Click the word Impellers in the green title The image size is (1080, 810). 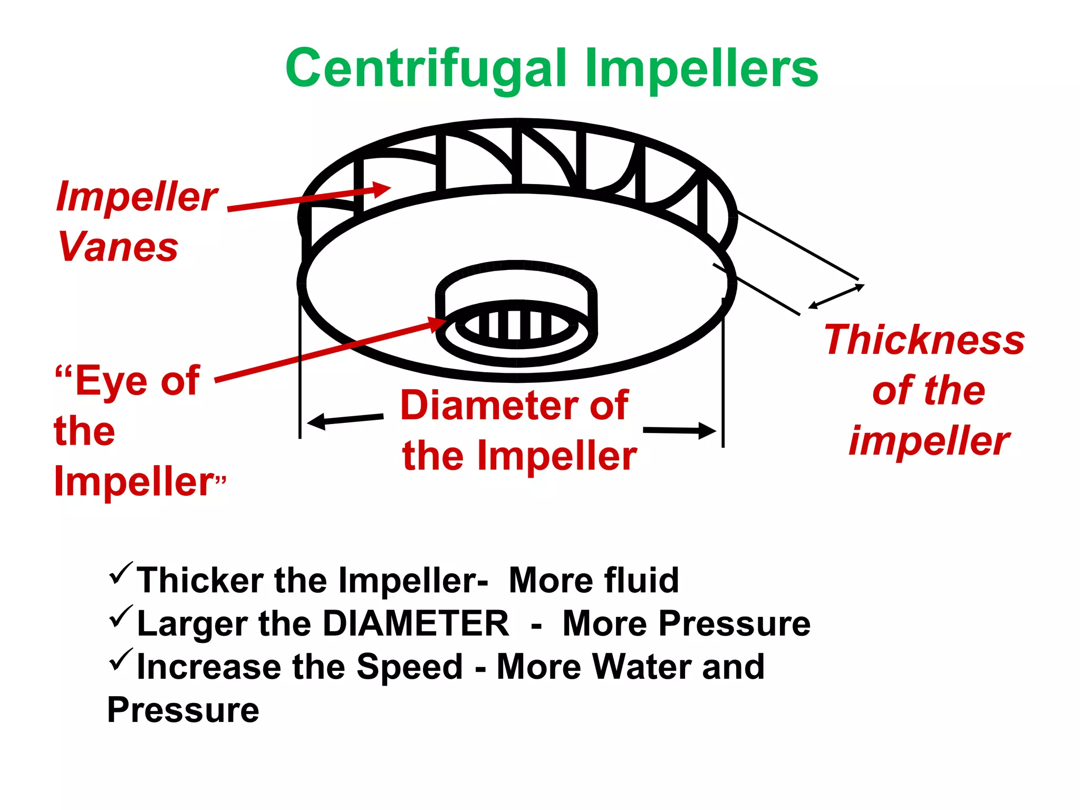[x=701, y=69]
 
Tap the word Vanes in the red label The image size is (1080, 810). [x=118, y=246]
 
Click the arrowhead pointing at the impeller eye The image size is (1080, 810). [x=438, y=323]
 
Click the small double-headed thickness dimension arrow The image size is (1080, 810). [x=836, y=296]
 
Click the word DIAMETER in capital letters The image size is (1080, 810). [x=416, y=624]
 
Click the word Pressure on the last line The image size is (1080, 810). [x=183, y=710]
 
